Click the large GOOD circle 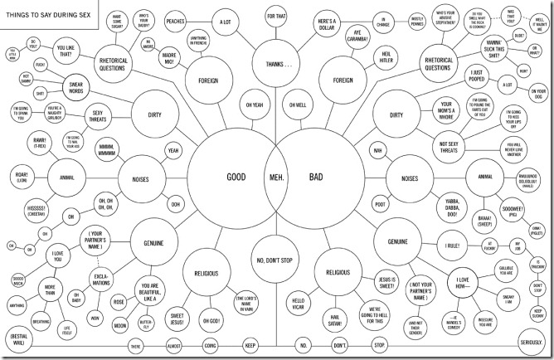[x=235, y=178]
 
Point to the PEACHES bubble [x=176, y=21]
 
